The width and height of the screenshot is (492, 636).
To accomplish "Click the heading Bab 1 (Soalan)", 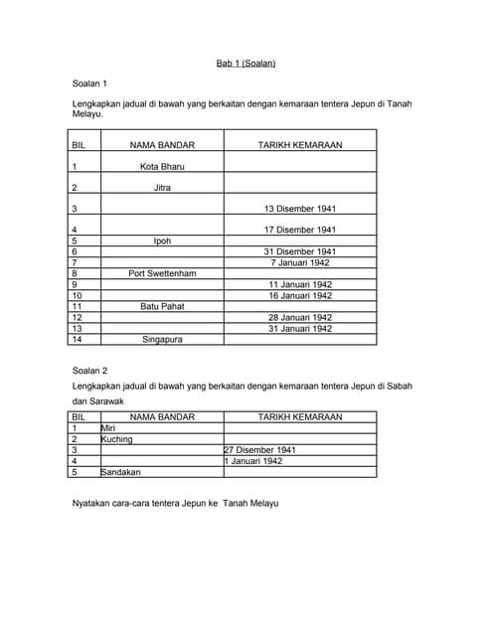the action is tap(246, 64).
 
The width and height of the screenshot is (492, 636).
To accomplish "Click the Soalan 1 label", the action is tap(91, 83).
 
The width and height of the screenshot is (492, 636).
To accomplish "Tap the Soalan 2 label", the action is tap(91, 369).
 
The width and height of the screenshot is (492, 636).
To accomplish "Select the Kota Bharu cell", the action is tap(162, 166).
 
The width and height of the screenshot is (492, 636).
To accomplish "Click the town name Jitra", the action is tap(162, 187).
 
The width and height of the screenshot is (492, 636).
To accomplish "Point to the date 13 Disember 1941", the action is tap(300, 209).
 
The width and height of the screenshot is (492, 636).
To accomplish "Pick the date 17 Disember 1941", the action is tap(300, 230).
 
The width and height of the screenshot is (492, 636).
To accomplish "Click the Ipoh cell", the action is tap(162, 240).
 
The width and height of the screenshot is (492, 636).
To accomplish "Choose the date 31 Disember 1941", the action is tap(300, 251).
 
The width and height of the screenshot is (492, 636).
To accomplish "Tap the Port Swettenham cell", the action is tap(162, 273).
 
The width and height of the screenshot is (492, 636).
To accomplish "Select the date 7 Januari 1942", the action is tap(300, 262).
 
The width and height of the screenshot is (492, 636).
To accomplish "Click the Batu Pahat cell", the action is tap(162, 306).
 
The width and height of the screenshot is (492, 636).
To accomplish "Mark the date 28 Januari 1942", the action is tap(300, 317).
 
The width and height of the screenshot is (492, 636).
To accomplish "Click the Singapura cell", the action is tap(162, 339).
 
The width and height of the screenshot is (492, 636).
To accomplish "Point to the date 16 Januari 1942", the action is tap(300, 295).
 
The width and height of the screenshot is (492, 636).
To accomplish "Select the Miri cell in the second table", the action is tap(109, 427).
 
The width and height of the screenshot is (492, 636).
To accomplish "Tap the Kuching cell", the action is tap(117, 438).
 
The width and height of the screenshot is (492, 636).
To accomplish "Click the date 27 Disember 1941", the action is tap(260, 449).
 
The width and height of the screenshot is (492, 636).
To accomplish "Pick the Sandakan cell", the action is tap(121, 472).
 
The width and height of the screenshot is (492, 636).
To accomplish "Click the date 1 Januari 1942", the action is tap(254, 461).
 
